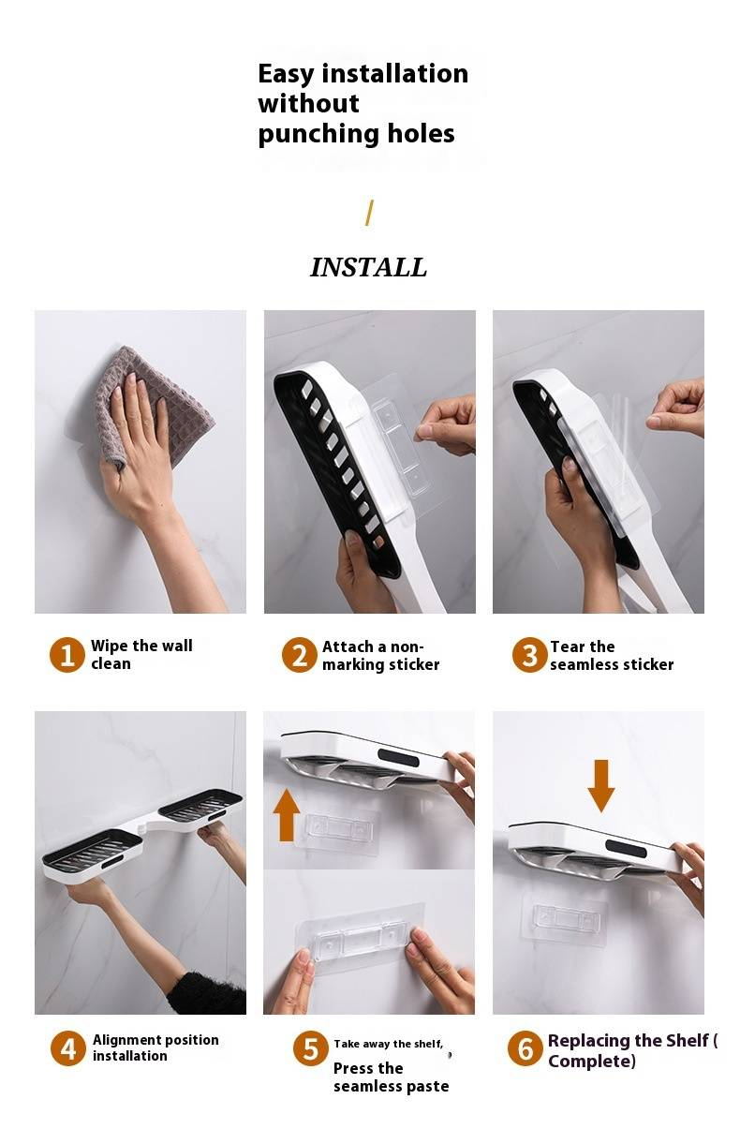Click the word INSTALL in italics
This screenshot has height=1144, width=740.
[368, 268]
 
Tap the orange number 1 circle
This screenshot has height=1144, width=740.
[67, 655]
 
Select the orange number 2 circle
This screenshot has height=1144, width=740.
[299, 655]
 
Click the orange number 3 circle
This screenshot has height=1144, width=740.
[529, 655]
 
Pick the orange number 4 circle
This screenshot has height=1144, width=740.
[68, 1048]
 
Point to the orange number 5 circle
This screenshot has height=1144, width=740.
[310, 1048]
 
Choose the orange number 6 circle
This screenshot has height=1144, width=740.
[525, 1048]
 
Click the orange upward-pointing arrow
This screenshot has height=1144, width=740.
[287, 815]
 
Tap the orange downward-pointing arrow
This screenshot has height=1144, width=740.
[601, 786]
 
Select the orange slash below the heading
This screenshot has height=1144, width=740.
[369, 213]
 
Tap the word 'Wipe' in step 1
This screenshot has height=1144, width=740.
[110, 646]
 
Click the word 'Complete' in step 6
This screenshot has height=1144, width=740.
[589, 1061]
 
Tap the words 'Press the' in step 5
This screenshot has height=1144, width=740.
[368, 1068]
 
